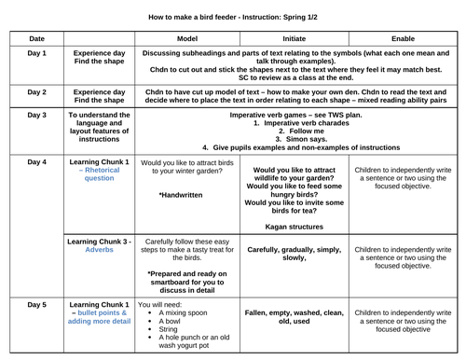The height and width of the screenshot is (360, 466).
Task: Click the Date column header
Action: (x=36, y=38)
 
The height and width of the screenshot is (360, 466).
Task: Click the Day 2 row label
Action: (x=36, y=93)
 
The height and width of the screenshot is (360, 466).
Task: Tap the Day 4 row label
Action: (x=36, y=162)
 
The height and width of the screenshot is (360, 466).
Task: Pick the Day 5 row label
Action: (x=36, y=304)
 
